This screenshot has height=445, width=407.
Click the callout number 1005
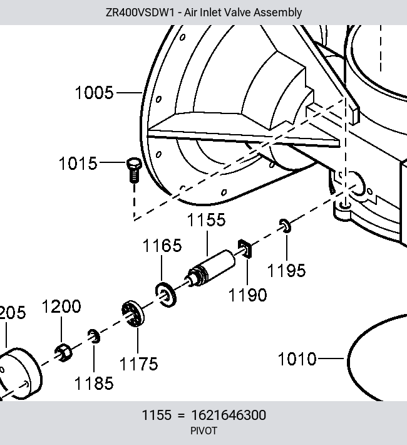pyautogui.click(x=94, y=93)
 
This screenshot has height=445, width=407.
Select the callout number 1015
pyautogui.click(x=78, y=164)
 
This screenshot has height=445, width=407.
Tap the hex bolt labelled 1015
pyautogui.click(x=134, y=170)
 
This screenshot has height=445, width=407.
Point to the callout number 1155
pyautogui.click(x=207, y=220)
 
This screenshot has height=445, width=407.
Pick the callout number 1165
pyautogui.click(x=162, y=246)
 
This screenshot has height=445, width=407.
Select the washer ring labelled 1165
pyautogui.click(x=166, y=295)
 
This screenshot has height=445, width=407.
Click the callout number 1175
pyautogui.click(x=138, y=364)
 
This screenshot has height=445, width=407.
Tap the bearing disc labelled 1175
pyautogui.click(x=133, y=313)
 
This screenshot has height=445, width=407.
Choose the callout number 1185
pyautogui.click(x=94, y=384)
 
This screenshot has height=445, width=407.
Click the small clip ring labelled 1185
pyautogui.click(x=94, y=336)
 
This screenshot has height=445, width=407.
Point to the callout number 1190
pyautogui.click(x=247, y=295)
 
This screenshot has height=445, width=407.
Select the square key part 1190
pyautogui.click(x=245, y=249)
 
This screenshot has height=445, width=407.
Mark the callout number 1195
pyautogui.click(x=286, y=271)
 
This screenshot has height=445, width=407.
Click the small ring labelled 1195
pyautogui.click(x=285, y=226)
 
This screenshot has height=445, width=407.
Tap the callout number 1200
pyautogui.click(x=61, y=306)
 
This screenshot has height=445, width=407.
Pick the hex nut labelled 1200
pyautogui.click(x=63, y=352)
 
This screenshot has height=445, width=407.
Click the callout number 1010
pyautogui.click(x=297, y=359)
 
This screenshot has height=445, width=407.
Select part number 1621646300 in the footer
pyautogui.click(x=229, y=415)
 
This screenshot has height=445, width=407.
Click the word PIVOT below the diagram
pyautogui.click(x=203, y=431)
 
